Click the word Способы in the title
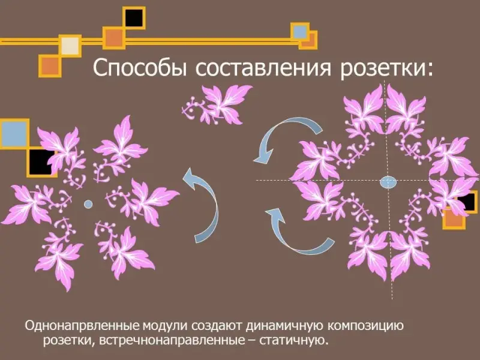point(140,68)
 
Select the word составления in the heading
point(263,68)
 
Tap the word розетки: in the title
point(387,68)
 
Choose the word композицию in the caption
point(366,326)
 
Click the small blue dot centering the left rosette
point(88,203)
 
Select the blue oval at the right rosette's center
point(388,182)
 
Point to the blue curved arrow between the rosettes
point(203,205)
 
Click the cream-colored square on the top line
point(70,46)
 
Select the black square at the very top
point(134,18)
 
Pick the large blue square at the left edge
point(14,134)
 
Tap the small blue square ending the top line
point(299,31)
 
